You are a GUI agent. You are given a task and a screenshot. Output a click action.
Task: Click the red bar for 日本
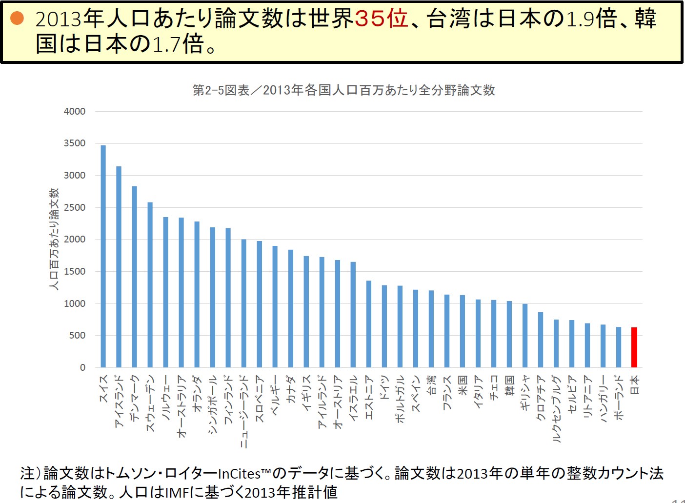tap(634, 347)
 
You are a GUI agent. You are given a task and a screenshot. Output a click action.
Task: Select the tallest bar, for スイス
tap(103, 256)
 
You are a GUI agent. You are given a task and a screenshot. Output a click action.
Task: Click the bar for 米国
tap(463, 331)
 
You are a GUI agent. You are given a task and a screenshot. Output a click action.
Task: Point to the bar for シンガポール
tap(213, 297)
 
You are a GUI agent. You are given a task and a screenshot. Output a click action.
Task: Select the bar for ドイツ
tap(384, 326)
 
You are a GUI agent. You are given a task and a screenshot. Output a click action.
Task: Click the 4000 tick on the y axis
tap(75, 111)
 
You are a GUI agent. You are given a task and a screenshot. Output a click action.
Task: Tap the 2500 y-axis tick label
tap(75, 207)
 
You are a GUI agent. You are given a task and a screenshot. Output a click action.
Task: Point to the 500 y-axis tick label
tap(77, 336)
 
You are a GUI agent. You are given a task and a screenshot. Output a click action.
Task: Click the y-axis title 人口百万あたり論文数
tap(54, 239)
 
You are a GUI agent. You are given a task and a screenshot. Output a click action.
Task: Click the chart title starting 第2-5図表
tap(343, 90)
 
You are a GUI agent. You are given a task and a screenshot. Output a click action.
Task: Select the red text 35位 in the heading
tap(381, 19)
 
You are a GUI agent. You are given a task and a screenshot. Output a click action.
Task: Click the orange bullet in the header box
tap(18, 19)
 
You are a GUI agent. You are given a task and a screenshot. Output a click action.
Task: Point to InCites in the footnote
tap(239, 474)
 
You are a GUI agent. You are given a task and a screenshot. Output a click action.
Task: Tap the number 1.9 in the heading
tap(581, 19)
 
